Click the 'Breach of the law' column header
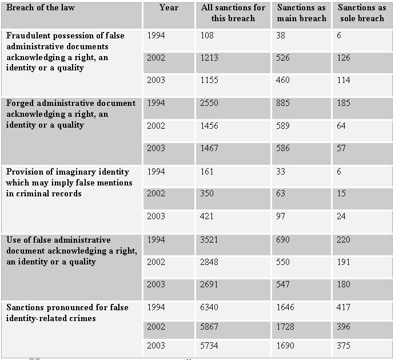pyautogui.click(x=41, y=8)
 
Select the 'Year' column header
pyautogui.click(x=169, y=8)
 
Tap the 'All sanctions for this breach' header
pyautogui.click(x=233, y=13)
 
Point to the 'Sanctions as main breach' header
pyautogui.click(x=301, y=13)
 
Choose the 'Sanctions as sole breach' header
pyautogui.click(x=362, y=13)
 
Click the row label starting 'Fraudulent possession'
pyautogui.click(x=65, y=52)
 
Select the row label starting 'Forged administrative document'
pyautogui.click(x=71, y=114)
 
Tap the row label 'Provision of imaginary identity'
pyautogui.click(x=69, y=183)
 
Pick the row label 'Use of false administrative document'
pyautogui.click(x=71, y=251)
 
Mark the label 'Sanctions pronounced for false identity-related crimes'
pyautogui.click(x=67, y=313)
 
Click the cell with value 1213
pyautogui.click(x=209, y=58)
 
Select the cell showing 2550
pyautogui.click(x=210, y=104)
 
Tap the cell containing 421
pyautogui.click(x=208, y=216)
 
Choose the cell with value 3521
pyautogui.click(x=210, y=240)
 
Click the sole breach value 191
pyautogui.click(x=344, y=262)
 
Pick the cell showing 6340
pyautogui.click(x=210, y=308)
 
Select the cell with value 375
pyautogui.click(x=344, y=346)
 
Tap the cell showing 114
pyautogui.click(x=343, y=81)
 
